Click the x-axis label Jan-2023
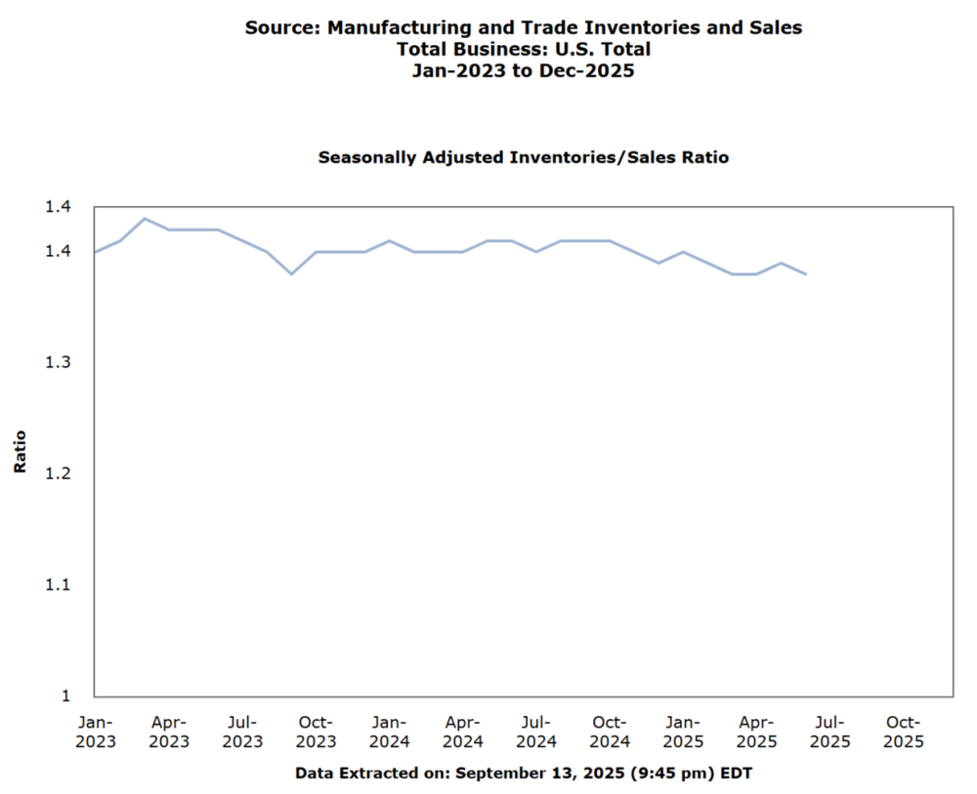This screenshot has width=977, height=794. pyautogui.click(x=96, y=731)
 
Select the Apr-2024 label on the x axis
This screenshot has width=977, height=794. pyautogui.click(x=462, y=731)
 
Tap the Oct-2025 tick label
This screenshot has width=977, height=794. pyautogui.click(x=902, y=731)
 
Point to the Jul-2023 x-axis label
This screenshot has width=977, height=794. pyautogui.click(x=242, y=731)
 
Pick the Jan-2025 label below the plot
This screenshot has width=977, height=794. pyautogui.click(x=682, y=731)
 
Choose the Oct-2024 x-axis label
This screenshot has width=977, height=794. pyautogui.click(x=609, y=731)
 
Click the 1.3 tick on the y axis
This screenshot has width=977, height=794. pyautogui.click(x=59, y=362)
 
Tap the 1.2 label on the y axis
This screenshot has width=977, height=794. pyautogui.click(x=59, y=474)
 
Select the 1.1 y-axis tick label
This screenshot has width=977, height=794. pyautogui.click(x=59, y=585)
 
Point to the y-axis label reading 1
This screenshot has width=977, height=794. pyautogui.click(x=66, y=695)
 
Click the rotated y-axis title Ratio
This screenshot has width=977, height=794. pyautogui.click(x=21, y=451)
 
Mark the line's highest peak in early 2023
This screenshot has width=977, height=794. pyautogui.click(x=145, y=219)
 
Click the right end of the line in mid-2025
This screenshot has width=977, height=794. pyautogui.click(x=805, y=274)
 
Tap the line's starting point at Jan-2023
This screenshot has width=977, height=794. pyautogui.click(x=95, y=252)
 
